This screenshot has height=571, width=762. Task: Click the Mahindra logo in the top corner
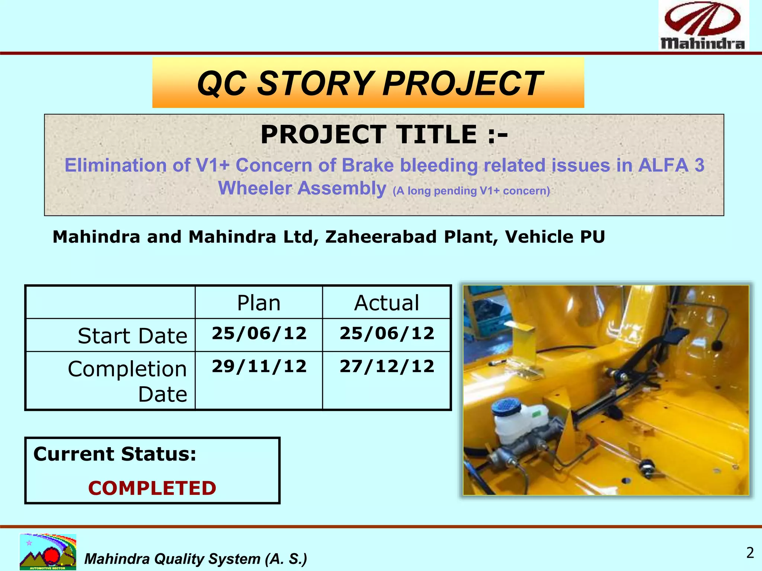[703, 25]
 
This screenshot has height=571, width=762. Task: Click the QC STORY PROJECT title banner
[368, 83]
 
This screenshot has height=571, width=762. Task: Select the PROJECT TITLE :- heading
[384, 135]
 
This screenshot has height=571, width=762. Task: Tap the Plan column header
[259, 303]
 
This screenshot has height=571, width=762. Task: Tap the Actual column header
[387, 303]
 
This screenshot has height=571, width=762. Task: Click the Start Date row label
[132, 336]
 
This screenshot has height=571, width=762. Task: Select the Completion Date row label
[127, 381]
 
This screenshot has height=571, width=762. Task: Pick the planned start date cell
[259, 333]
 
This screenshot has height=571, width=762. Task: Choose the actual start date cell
[387, 333]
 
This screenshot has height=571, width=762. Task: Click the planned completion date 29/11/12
[259, 366]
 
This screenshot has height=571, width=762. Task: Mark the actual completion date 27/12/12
[387, 366]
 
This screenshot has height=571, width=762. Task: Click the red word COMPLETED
[152, 488]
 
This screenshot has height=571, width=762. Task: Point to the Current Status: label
[115, 454]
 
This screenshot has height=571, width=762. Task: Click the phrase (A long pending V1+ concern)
[471, 191]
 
